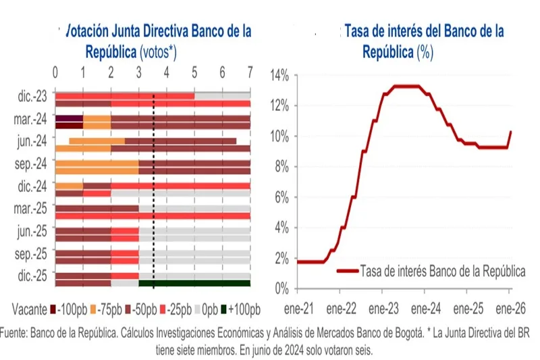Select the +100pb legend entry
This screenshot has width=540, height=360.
(243, 309)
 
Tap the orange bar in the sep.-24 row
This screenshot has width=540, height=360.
(96, 163)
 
